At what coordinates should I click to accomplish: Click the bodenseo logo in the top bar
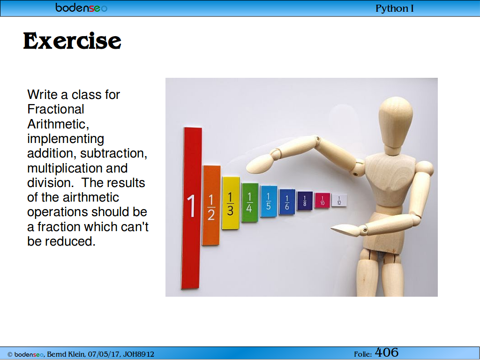point(82,7)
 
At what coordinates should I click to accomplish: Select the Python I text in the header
point(394,8)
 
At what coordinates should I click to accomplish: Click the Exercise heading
point(72,41)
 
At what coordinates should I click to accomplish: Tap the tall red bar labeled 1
point(191,208)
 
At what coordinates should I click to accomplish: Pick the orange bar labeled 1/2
point(211,205)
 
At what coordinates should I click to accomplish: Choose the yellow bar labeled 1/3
point(231,203)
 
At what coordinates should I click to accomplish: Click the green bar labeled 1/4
point(249,202)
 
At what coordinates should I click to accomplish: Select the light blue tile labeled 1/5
point(269,201)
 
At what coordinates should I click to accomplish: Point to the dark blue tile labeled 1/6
point(287,202)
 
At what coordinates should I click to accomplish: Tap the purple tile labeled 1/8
point(305,201)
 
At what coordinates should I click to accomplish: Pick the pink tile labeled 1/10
point(322,201)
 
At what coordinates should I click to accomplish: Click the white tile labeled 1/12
point(339,200)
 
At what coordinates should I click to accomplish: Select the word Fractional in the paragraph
point(56,109)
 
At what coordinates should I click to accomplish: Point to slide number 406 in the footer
point(387,352)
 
